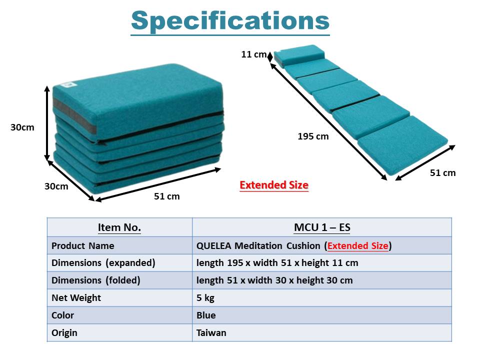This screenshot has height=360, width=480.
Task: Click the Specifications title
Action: (230, 21)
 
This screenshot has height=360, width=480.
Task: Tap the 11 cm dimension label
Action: (254, 54)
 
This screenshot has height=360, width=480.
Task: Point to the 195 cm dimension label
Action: (313, 136)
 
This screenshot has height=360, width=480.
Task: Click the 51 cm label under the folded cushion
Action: (167, 196)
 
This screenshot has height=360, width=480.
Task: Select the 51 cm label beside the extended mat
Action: (442, 173)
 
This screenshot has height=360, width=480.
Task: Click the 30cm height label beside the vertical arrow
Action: (22, 127)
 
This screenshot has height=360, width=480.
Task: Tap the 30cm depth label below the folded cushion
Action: (56, 186)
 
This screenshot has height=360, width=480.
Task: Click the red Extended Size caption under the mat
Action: (274, 185)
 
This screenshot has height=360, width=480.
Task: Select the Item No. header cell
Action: (119, 227)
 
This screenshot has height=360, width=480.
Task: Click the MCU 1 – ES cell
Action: (322, 227)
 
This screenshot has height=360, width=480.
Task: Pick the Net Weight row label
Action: (76, 298)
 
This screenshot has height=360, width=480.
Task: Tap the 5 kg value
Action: (205, 298)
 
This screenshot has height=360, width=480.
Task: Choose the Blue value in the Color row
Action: (206, 315)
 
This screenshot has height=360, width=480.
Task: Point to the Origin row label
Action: (64, 333)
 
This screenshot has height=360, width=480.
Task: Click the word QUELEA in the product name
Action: (213, 246)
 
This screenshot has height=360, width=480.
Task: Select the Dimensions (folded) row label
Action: (96, 280)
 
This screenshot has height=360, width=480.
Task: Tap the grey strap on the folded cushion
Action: (74, 115)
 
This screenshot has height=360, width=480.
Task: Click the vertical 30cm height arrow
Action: (47, 123)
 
